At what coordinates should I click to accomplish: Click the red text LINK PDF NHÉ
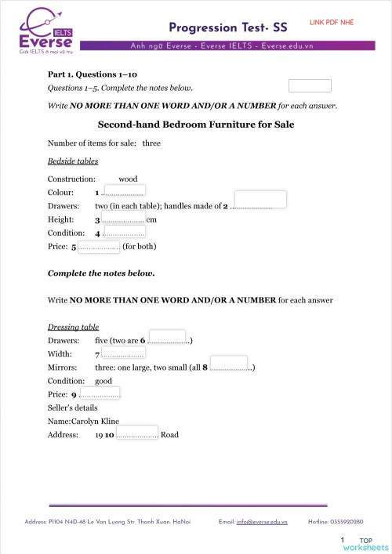click(332, 22)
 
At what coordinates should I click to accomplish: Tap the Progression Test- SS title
click(228, 27)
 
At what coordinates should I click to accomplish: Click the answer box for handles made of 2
click(260, 199)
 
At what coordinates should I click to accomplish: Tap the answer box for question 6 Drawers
click(167, 337)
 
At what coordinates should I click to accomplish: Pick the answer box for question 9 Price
click(100, 393)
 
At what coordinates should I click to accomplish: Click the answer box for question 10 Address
click(137, 433)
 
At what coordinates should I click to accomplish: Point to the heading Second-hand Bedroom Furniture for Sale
click(195, 125)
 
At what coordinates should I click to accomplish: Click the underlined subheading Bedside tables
click(73, 161)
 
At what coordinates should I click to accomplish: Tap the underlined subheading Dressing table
click(73, 326)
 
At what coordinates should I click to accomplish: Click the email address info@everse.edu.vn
click(262, 521)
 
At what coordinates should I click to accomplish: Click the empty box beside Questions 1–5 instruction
click(310, 86)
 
